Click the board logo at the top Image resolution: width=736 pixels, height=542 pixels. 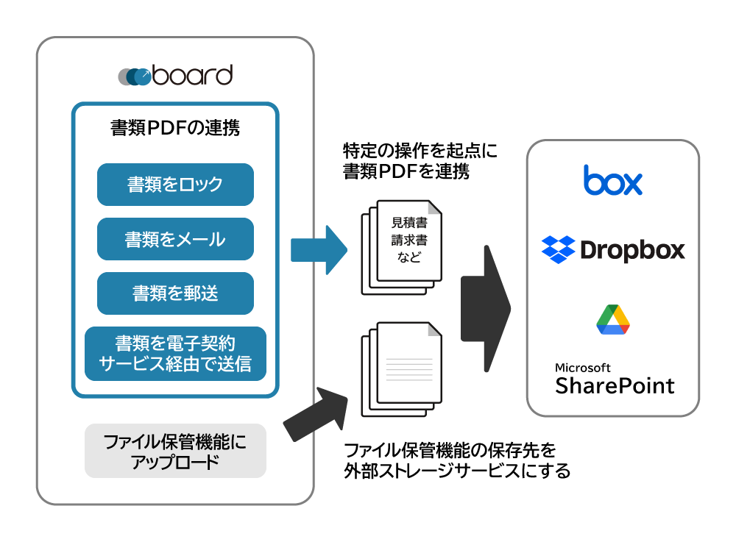click(x=175, y=75)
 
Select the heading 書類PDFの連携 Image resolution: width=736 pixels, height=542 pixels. click(x=175, y=128)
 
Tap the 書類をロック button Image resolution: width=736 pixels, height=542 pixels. click(x=175, y=185)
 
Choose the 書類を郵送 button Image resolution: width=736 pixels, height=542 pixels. click(x=175, y=293)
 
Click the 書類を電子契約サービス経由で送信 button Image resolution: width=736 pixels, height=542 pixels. click(x=175, y=354)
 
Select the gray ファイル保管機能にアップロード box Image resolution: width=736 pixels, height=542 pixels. click(x=175, y=452)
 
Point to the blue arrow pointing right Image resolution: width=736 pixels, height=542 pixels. click(x=318, y=250)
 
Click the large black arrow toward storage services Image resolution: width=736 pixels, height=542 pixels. click(x=486, y=309)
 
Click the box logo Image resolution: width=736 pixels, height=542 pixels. click(x=612, y=180)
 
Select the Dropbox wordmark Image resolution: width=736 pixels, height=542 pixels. click(x=632, y=250)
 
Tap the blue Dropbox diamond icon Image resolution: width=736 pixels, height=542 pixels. click(x=558, y=250)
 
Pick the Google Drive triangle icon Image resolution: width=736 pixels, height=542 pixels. click(x=612, y=318)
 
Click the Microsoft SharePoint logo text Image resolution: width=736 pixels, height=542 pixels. click(x=614, y=378)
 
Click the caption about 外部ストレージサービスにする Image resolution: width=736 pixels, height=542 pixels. click(x=456, y=460)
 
